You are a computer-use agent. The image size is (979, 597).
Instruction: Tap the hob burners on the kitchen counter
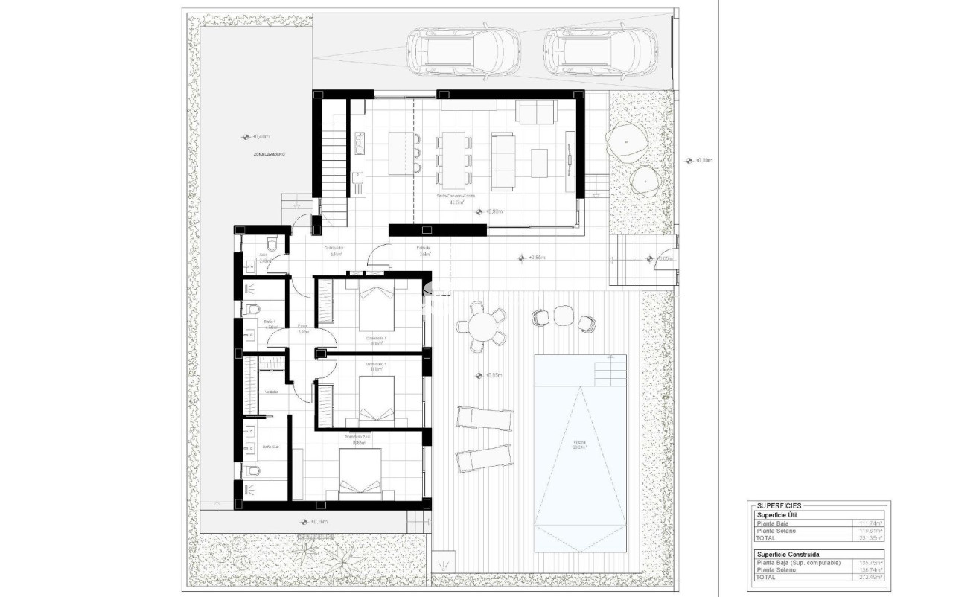359,141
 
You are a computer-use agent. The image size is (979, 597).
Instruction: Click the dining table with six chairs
452,159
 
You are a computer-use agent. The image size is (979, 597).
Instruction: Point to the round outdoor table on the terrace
482,326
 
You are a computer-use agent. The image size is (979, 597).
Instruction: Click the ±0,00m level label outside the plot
704,160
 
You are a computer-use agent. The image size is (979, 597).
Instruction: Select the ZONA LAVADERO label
267,154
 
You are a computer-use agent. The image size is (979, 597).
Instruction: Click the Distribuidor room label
333,249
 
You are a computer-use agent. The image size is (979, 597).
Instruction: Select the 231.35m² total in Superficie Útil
871,537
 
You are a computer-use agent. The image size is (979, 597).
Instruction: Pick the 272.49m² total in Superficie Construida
871,576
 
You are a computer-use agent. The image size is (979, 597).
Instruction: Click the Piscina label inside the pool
580,444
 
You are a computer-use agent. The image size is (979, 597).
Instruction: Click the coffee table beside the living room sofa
539,162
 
